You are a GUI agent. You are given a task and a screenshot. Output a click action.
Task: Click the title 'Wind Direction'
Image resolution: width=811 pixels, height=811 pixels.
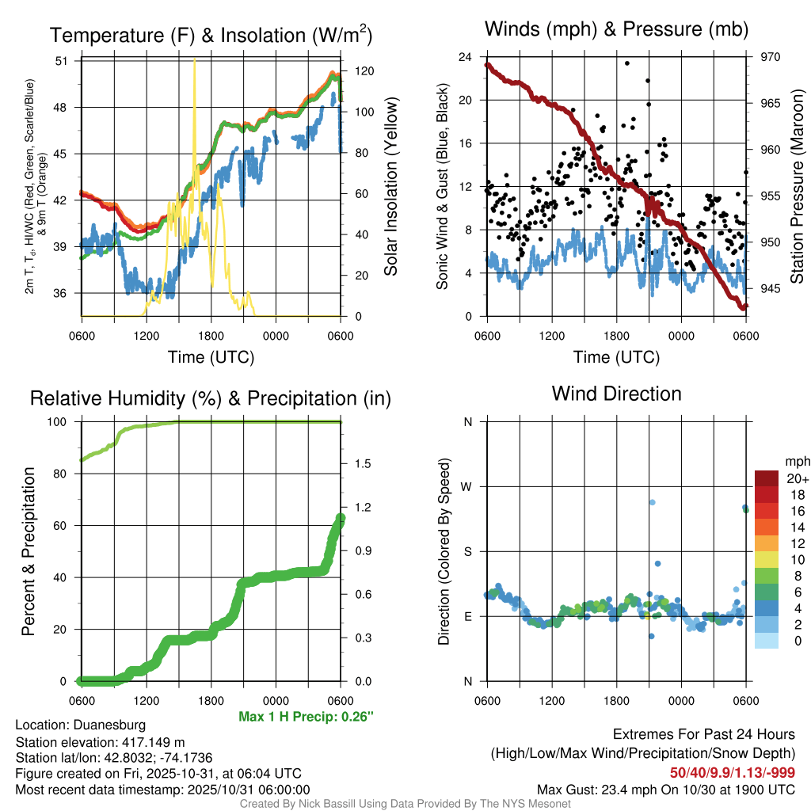pos(616,394)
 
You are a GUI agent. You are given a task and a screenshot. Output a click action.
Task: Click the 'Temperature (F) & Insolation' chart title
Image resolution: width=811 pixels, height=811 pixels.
pos(211,36)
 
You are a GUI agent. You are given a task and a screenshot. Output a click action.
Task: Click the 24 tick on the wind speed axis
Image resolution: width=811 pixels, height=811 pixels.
pos(466,57)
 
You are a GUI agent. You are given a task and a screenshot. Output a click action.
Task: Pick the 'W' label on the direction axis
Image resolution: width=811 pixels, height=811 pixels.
pos(467,486)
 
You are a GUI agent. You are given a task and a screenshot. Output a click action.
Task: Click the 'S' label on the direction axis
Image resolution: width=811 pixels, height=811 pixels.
pos(468,551)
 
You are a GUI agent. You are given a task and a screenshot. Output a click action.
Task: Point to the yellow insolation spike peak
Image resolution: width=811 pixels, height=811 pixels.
pos(195,62)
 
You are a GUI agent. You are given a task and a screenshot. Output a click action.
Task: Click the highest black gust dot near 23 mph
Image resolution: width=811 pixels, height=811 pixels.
pos(626,63)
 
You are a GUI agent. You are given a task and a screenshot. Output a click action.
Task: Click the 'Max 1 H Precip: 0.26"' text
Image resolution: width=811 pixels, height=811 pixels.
pos(306,717)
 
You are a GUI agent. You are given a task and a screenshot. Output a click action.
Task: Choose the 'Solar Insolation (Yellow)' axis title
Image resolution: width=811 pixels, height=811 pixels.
pos(390,186)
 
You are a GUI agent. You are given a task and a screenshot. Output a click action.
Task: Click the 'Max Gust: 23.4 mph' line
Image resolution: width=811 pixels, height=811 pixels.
pos(665,789)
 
